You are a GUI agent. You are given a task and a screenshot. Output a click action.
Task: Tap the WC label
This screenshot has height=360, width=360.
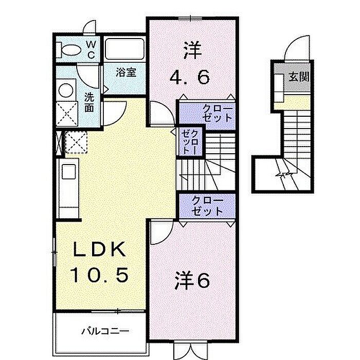click(90, 49)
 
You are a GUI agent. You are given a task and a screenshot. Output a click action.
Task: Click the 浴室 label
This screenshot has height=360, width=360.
click(125, 72)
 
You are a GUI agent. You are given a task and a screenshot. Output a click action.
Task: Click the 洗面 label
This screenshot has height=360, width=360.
click(89, 101)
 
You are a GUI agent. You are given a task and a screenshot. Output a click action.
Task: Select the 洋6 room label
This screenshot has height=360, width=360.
click(192, 280)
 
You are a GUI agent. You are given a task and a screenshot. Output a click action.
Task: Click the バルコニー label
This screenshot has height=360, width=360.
click(104, 330)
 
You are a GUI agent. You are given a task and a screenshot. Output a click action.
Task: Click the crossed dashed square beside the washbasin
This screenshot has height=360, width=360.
click(66, 113)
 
